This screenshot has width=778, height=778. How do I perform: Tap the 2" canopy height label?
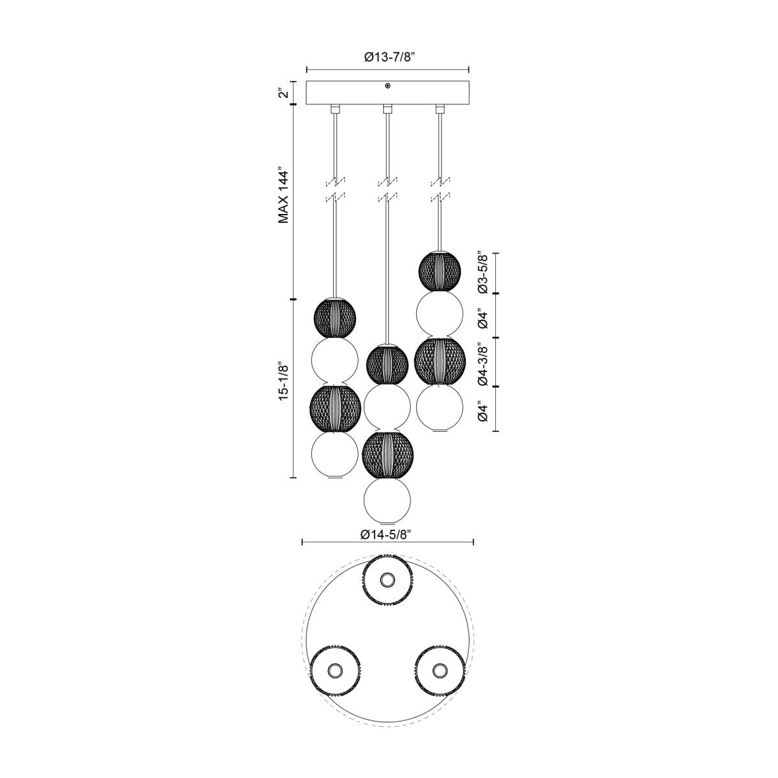(x=282, y=93)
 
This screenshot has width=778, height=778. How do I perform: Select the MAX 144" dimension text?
(x=283, y=196)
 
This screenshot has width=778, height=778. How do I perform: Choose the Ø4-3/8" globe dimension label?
(x=481, y=363)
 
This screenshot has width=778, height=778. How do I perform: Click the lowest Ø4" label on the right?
(x=481, y=411)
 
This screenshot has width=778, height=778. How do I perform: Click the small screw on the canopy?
(x=388, y=86)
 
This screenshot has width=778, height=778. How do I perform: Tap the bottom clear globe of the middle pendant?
(x=388, y=500)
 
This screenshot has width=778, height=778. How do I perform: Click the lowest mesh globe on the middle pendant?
(x=388, y=454)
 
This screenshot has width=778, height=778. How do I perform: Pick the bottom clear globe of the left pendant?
(x=335, y=454)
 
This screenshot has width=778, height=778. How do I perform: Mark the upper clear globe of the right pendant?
(x=440, y=314)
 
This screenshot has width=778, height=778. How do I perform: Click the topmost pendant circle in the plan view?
(x=388, y=579)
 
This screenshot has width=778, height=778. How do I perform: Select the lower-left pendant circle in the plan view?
(x=335, y=669)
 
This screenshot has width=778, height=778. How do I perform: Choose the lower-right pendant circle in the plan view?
(x=440, y=669)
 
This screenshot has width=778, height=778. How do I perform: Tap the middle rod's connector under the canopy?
(x=388, y=108)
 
